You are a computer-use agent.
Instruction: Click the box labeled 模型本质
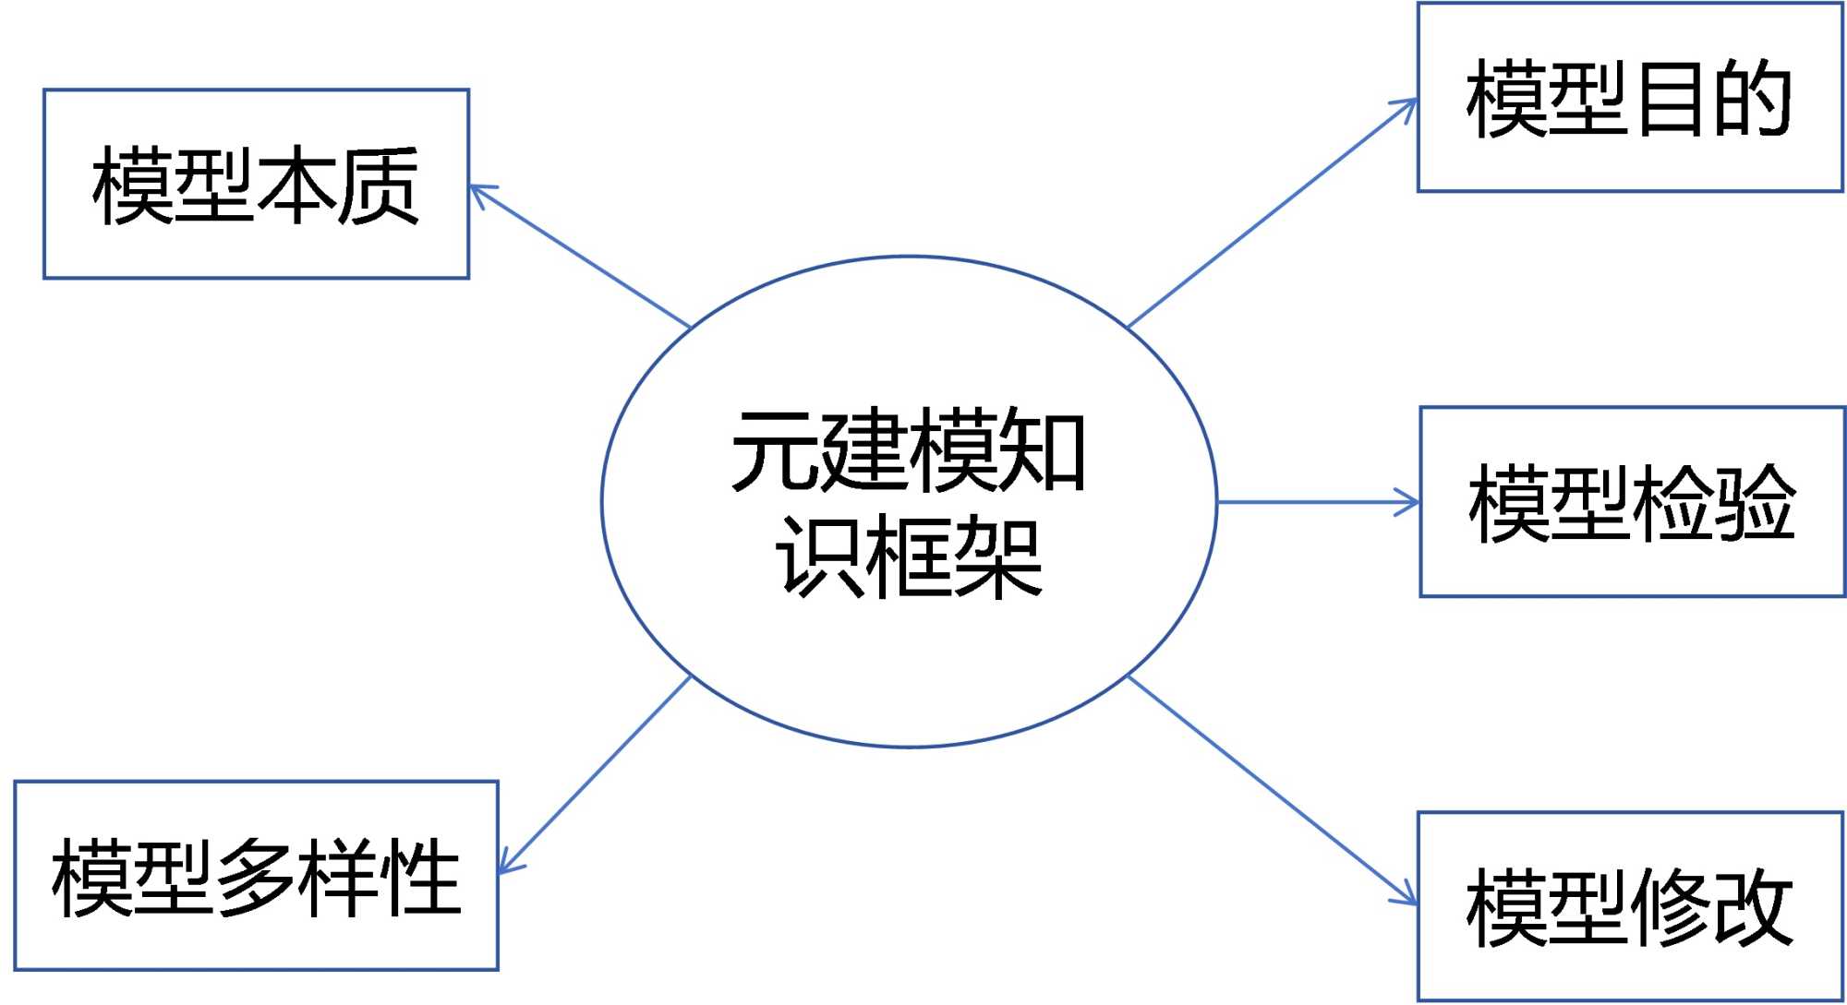click(x=256, y=184)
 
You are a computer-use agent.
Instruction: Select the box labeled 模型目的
click(x=1630, y=97)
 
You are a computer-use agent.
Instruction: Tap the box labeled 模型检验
click(x=1632, y=502)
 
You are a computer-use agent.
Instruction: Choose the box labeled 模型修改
click(x=1630, y=906)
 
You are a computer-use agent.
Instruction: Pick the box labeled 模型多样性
click(x=256, y=876)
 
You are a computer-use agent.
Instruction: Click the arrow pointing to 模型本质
click(x=580, y=256)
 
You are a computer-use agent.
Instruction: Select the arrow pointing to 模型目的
click(x=1273, y=213)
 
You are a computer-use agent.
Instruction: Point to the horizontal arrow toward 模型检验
click(x=1318, y=502)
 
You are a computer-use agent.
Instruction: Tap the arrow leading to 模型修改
click(x=1273, y=790)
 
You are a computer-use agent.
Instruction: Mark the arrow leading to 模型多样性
click(x=595, y=774)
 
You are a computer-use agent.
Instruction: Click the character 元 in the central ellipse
click(x=774, y=449)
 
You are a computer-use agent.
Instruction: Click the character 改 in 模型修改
click(x=1752, y=906)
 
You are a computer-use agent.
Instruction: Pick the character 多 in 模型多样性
click(x=256, y=877)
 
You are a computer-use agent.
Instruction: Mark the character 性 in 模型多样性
click(x=422, y=877)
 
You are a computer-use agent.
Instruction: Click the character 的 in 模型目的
click(x=1752, y=99)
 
